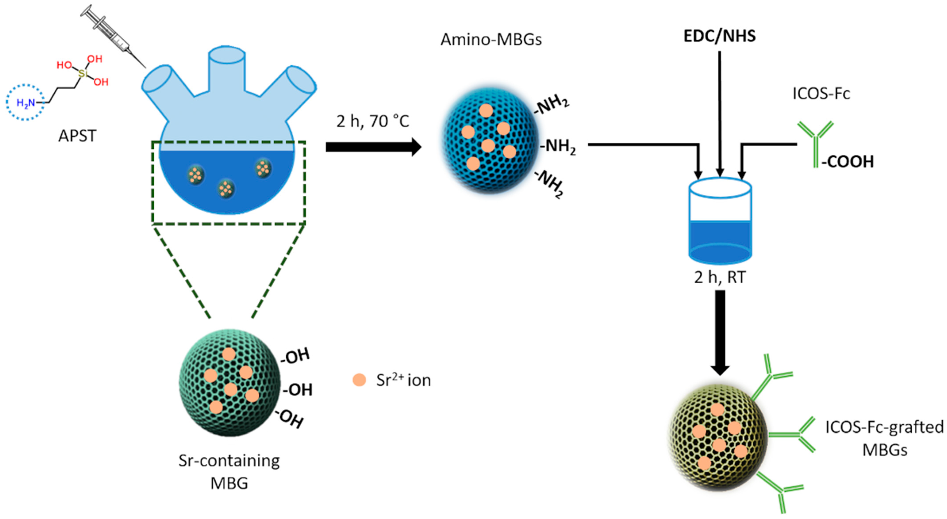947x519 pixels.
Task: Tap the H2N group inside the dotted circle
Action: [26, 103]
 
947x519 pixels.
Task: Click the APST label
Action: [77, 136]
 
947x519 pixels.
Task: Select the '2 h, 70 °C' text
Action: [372, 121]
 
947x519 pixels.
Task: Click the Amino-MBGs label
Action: [491, 40]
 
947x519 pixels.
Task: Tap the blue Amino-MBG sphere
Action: [489, 141]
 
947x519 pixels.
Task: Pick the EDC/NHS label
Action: [719, 36]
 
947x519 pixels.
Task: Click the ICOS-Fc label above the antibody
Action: [821, 94]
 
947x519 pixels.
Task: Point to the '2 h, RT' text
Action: [719, 277]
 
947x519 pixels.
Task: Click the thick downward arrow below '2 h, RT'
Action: [720, 331]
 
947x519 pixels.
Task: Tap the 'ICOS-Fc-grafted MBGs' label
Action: [884, 438]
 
